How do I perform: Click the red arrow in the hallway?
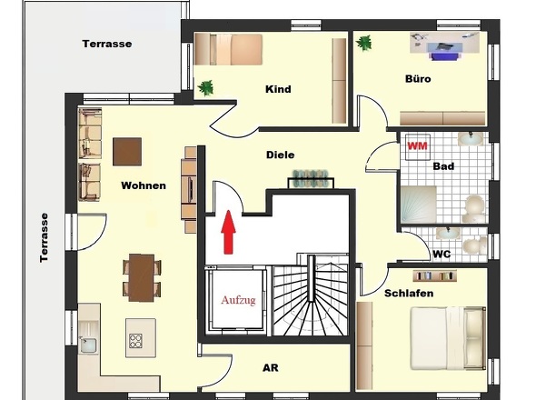point(228,233)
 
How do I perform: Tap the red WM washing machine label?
point(417,146)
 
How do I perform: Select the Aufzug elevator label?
point(238,300)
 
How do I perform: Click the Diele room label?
point(281,155)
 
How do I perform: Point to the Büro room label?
point(418,79)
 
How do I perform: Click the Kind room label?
point(278,89)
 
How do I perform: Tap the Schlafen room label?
point(409,294)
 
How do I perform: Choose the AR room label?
point(271,368)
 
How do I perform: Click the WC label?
point(442,255)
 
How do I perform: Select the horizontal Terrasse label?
point(107,44)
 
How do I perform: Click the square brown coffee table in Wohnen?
point(127,152)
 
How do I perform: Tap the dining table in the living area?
point(142,278)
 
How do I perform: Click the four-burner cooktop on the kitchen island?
point(135,341)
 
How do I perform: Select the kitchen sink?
point(88,345)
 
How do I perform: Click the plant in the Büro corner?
point(363,43)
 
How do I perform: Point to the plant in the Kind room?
point(205,88)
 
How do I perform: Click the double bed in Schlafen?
point(448,338)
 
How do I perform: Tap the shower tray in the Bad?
point(419,205)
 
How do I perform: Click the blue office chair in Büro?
point(443,55)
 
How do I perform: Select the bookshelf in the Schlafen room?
point(435,275)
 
